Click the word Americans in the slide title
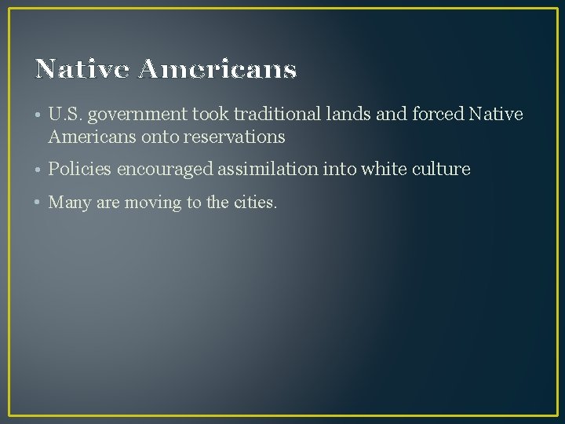pyautogui.click(x=217, y=70)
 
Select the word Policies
pyautogui.click(x=80, y=169)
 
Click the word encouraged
pyautogui.click(x=165, y=170)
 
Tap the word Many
pyautogui.click(x=68, y=203)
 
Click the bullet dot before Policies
pyautogui.click(x=38, y=170)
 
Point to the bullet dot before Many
pyautogui.click(x=38, y=203)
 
